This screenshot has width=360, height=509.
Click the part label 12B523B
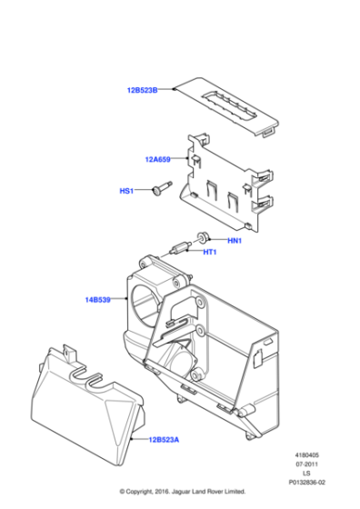pos(142,90)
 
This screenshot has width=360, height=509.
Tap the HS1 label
pos(126,191)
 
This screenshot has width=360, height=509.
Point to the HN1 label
pos(234,240)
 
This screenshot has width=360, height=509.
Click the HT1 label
pos(208,252)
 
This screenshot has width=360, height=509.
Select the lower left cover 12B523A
pos(86,400)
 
